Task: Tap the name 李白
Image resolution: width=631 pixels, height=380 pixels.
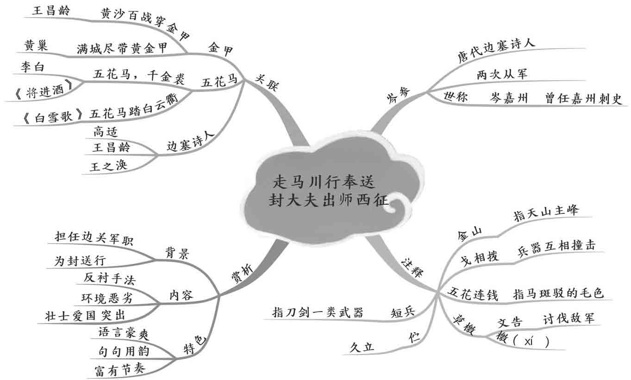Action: pyautogui.click(x=31, y=67)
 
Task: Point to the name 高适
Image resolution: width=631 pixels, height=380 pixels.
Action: pyautogui.click(x=105, y=131)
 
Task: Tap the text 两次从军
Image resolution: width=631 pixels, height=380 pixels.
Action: pyautogui.click(x=501, y=74)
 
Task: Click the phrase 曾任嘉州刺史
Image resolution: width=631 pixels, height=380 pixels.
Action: pyautogui.click(x=583, y=99)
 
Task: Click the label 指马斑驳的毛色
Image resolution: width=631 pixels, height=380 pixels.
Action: pyautogui.click(x=559, y=293)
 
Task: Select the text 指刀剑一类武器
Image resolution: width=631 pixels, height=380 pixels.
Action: pyautogui.click(x=318, y=312)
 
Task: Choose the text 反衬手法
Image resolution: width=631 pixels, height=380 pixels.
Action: pyautogui.click(x=109, y=278)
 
